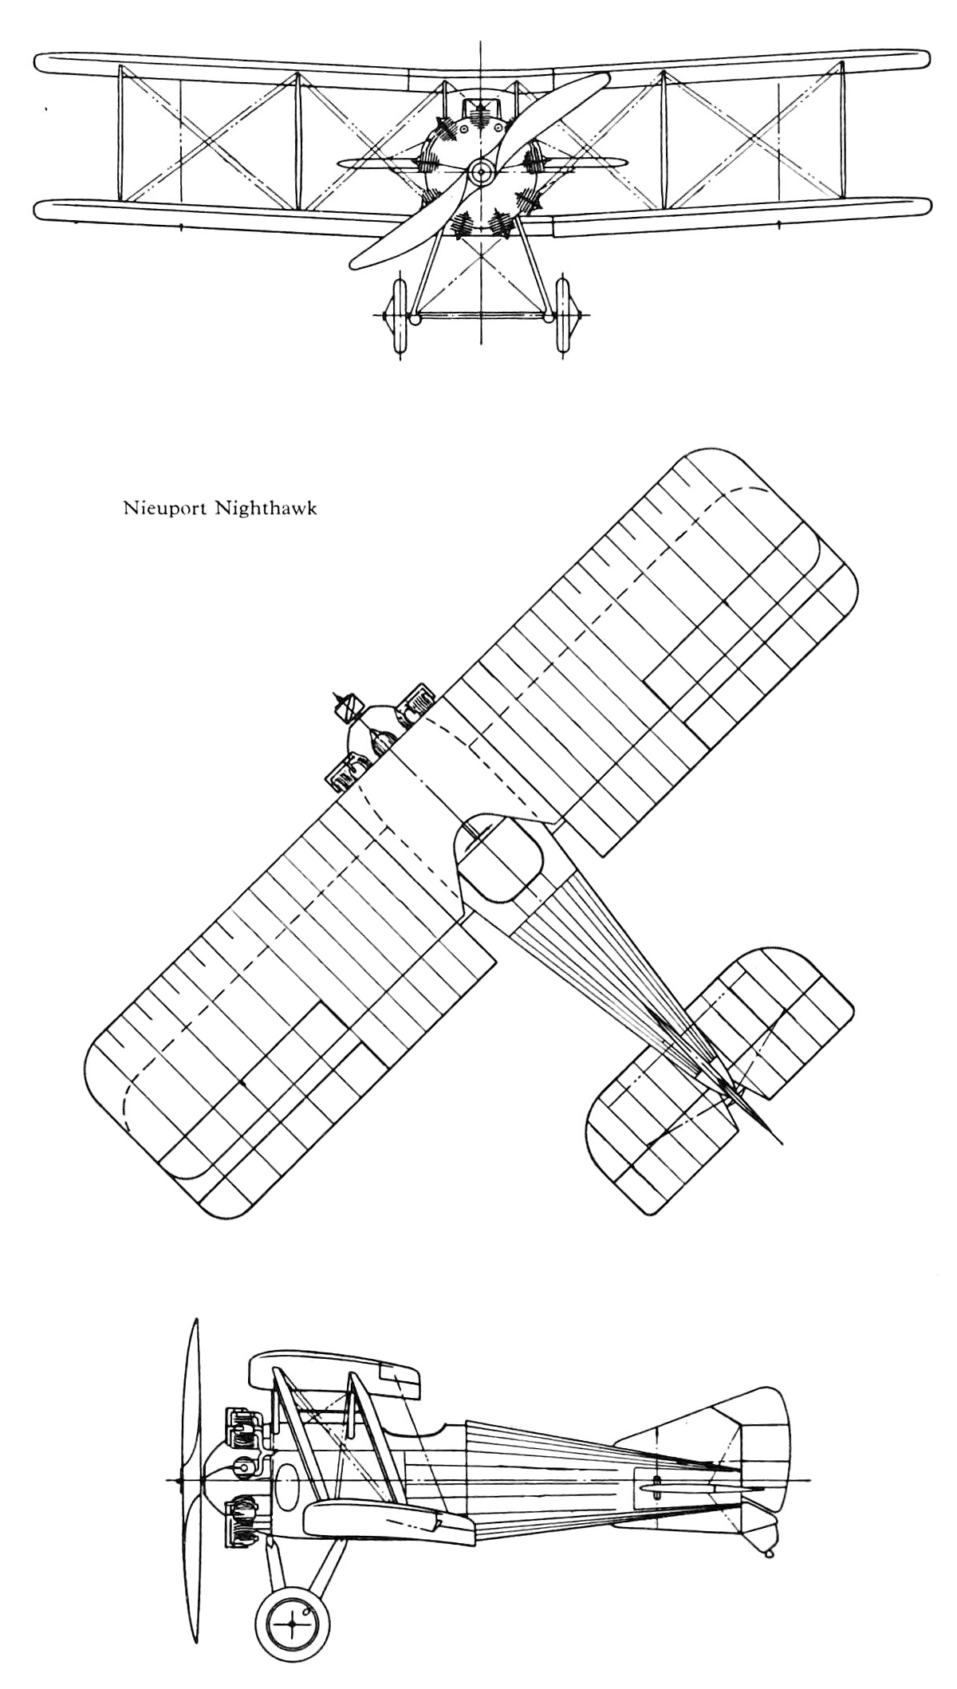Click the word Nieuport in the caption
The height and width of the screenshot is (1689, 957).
click(164, 508)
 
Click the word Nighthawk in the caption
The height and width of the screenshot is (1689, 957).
click(266, 508)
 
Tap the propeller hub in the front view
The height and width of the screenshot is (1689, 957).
click(481, 170)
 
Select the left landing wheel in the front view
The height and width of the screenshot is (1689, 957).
click(396, 317)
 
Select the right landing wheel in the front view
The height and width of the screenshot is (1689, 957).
click(565, 317)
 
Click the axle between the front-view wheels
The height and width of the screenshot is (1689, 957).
click(481, 317)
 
